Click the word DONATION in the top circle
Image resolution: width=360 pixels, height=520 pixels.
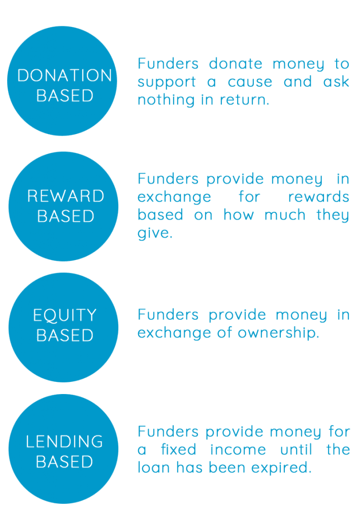click(x=64, y=75)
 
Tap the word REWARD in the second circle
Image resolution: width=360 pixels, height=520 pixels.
click(x=66, y=196)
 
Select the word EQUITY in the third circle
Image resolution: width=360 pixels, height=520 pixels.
click(x=64, y=315)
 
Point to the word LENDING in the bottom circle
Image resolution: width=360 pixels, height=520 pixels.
click(x=64, y=441)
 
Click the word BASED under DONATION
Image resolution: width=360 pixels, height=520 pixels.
click(x=64, y=95)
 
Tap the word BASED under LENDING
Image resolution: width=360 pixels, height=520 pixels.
click(x=64, y=462)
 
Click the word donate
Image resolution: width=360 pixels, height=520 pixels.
click(x=236, y=63)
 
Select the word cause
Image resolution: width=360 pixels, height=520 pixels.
click(x=250, y=82)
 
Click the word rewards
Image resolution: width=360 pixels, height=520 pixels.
click(x=318, y=197)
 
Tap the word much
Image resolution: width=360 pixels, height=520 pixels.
click(x=285, y=215)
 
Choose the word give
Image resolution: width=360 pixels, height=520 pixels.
click(x=155, y=233)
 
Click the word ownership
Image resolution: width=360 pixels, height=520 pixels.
click(x=278, y=333)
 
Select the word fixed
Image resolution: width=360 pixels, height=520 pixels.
click(x=178, y=449)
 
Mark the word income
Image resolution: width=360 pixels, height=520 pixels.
click(x=238, y=449)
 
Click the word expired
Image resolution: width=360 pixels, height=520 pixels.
click(x=281, y=468)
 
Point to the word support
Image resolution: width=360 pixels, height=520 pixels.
click(x=167, y=82)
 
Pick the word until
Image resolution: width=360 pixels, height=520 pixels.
click(x=296, y=449)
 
